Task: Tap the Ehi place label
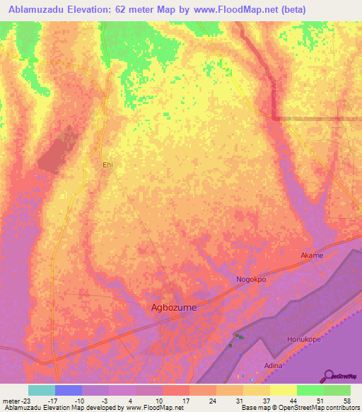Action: point(107,164)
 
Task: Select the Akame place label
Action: point(312,256)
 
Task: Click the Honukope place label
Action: point(305,340)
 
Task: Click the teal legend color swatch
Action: point(41,390)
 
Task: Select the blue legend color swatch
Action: point(68,390)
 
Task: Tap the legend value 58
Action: point(346,401)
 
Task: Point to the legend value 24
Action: point(211,401)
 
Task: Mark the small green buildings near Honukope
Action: point(238,337)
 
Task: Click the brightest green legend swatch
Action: point(310,390)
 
